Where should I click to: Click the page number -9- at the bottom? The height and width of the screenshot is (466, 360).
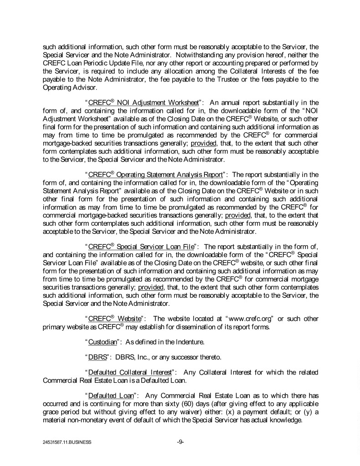tap(180, 441)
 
